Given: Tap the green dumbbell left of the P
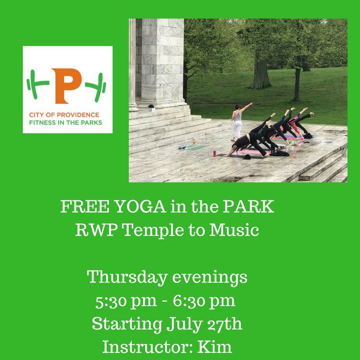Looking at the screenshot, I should click(x=39, y=84).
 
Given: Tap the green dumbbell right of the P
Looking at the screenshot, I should click(x=95, y=84).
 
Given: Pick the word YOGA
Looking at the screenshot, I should click(x=134, y=207).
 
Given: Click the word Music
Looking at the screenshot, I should click(x=237, y=230).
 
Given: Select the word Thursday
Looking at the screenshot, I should click(x=125, y=277).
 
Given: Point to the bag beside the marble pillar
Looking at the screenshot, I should click(x=151, y=108).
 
